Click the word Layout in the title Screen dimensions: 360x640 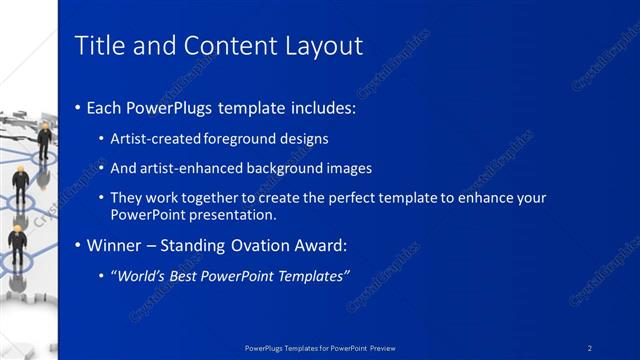pos(325,46)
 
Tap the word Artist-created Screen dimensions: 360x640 pos(153,139)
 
